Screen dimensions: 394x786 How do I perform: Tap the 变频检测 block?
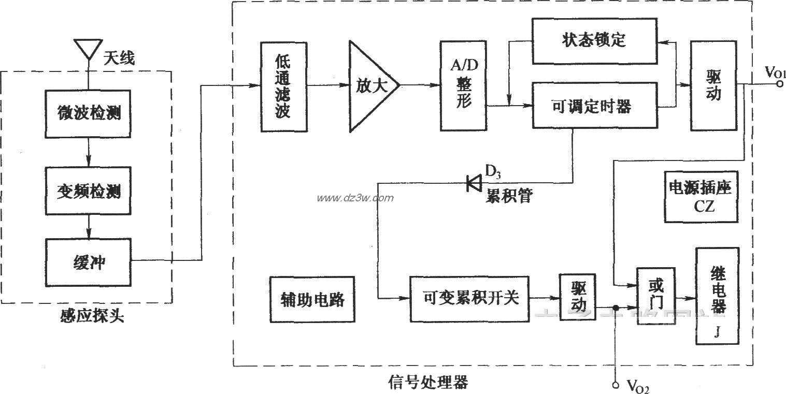pyautogui.click(x=89, y=191)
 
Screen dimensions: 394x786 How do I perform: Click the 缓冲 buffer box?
pyautogui.click(x=89, y=262)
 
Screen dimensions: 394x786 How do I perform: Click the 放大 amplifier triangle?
pyautogui.click(x=371, y=85)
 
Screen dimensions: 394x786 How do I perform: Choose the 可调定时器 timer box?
pyautogui.click(x=594, y=107)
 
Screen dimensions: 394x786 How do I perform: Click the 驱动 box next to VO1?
pyautogui.click(x=713, y=85)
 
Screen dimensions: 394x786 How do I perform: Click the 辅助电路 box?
pyautogui.click(x=312, y=299)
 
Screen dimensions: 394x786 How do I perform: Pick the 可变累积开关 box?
pyautogui.click(x=469, y=299)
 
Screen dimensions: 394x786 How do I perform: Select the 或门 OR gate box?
pyautogui.click(x=656, y=296)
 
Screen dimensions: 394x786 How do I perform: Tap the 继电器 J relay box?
pyautogui.click(x=717, y=296)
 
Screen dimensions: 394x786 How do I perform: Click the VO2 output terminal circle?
pyautogui.click(x=616, y=385)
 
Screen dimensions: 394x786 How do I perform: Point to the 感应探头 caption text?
pyautogui.click(x=91, y=316)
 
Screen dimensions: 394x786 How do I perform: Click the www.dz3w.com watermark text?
pyautogui.click(x=355, y=198)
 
